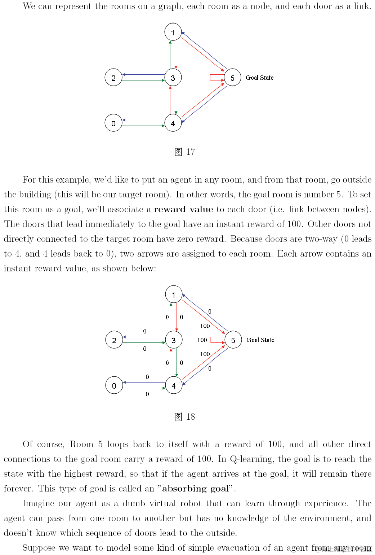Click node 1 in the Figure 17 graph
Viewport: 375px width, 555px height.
[173, 32]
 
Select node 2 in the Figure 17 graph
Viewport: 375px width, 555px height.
[113, 78]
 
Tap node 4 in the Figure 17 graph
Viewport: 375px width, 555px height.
[173, 123]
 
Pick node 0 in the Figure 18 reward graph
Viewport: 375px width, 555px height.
[114, 385]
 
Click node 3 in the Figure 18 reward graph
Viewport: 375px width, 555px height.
[174, 340]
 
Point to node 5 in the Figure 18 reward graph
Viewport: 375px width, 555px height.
[233, 340]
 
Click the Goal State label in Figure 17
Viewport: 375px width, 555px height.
[259, 78]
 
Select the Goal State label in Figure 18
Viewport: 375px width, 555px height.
[260, 340]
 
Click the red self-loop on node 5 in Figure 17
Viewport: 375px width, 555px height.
[216, 78]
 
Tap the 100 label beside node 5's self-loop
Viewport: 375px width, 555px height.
[202, 340]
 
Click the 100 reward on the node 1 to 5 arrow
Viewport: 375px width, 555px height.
[205, 326]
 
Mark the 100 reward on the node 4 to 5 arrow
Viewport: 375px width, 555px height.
[205, 354]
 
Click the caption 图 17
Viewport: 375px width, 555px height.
[184, 152]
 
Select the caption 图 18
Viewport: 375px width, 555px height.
[184, 417]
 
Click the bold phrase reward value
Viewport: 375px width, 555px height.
[183, 209]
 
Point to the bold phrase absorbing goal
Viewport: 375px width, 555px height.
[195, 489]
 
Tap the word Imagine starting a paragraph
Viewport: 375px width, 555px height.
[37, 503]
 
